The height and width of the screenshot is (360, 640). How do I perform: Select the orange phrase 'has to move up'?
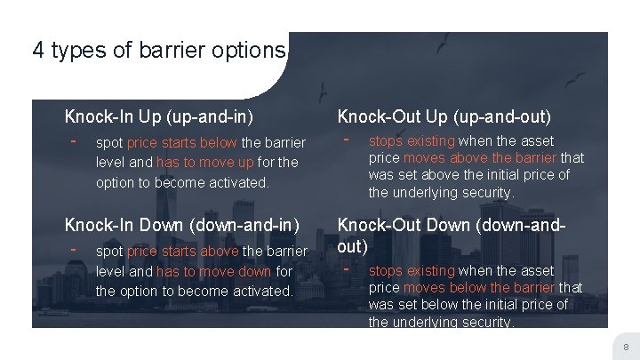coord(194,162)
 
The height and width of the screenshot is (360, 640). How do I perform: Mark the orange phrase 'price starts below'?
coord(181,143)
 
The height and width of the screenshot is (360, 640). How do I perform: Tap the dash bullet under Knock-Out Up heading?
coord(347,139)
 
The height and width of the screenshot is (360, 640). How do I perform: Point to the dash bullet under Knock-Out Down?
coord(347,267)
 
